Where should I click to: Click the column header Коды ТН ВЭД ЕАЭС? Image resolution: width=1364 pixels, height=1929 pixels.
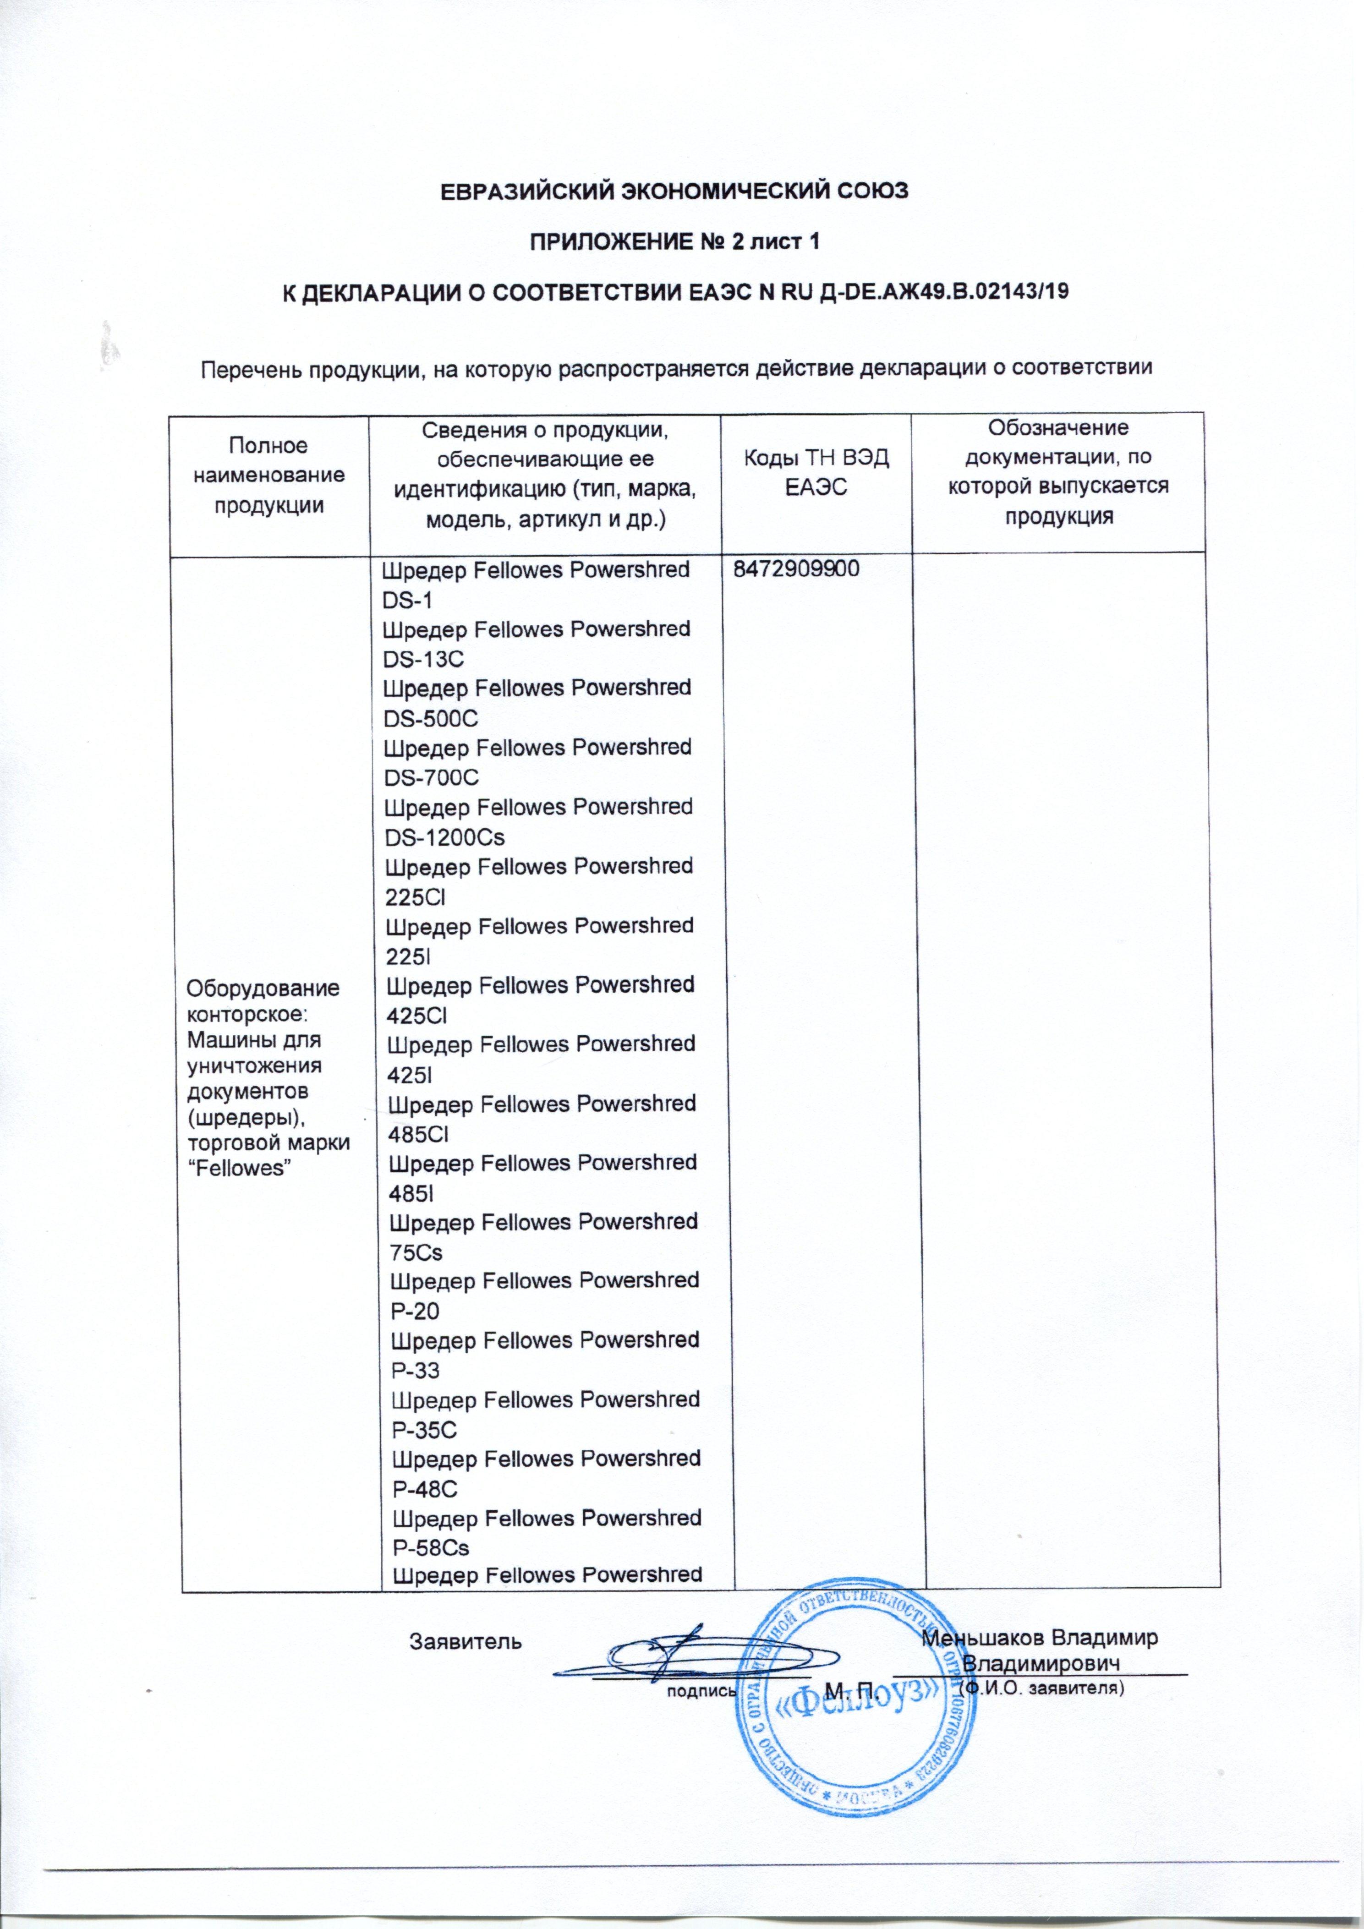[815, 472]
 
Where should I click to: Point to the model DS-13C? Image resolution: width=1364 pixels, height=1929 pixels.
[423, 659]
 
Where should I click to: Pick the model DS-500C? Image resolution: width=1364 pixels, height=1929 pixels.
[430, 718]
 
